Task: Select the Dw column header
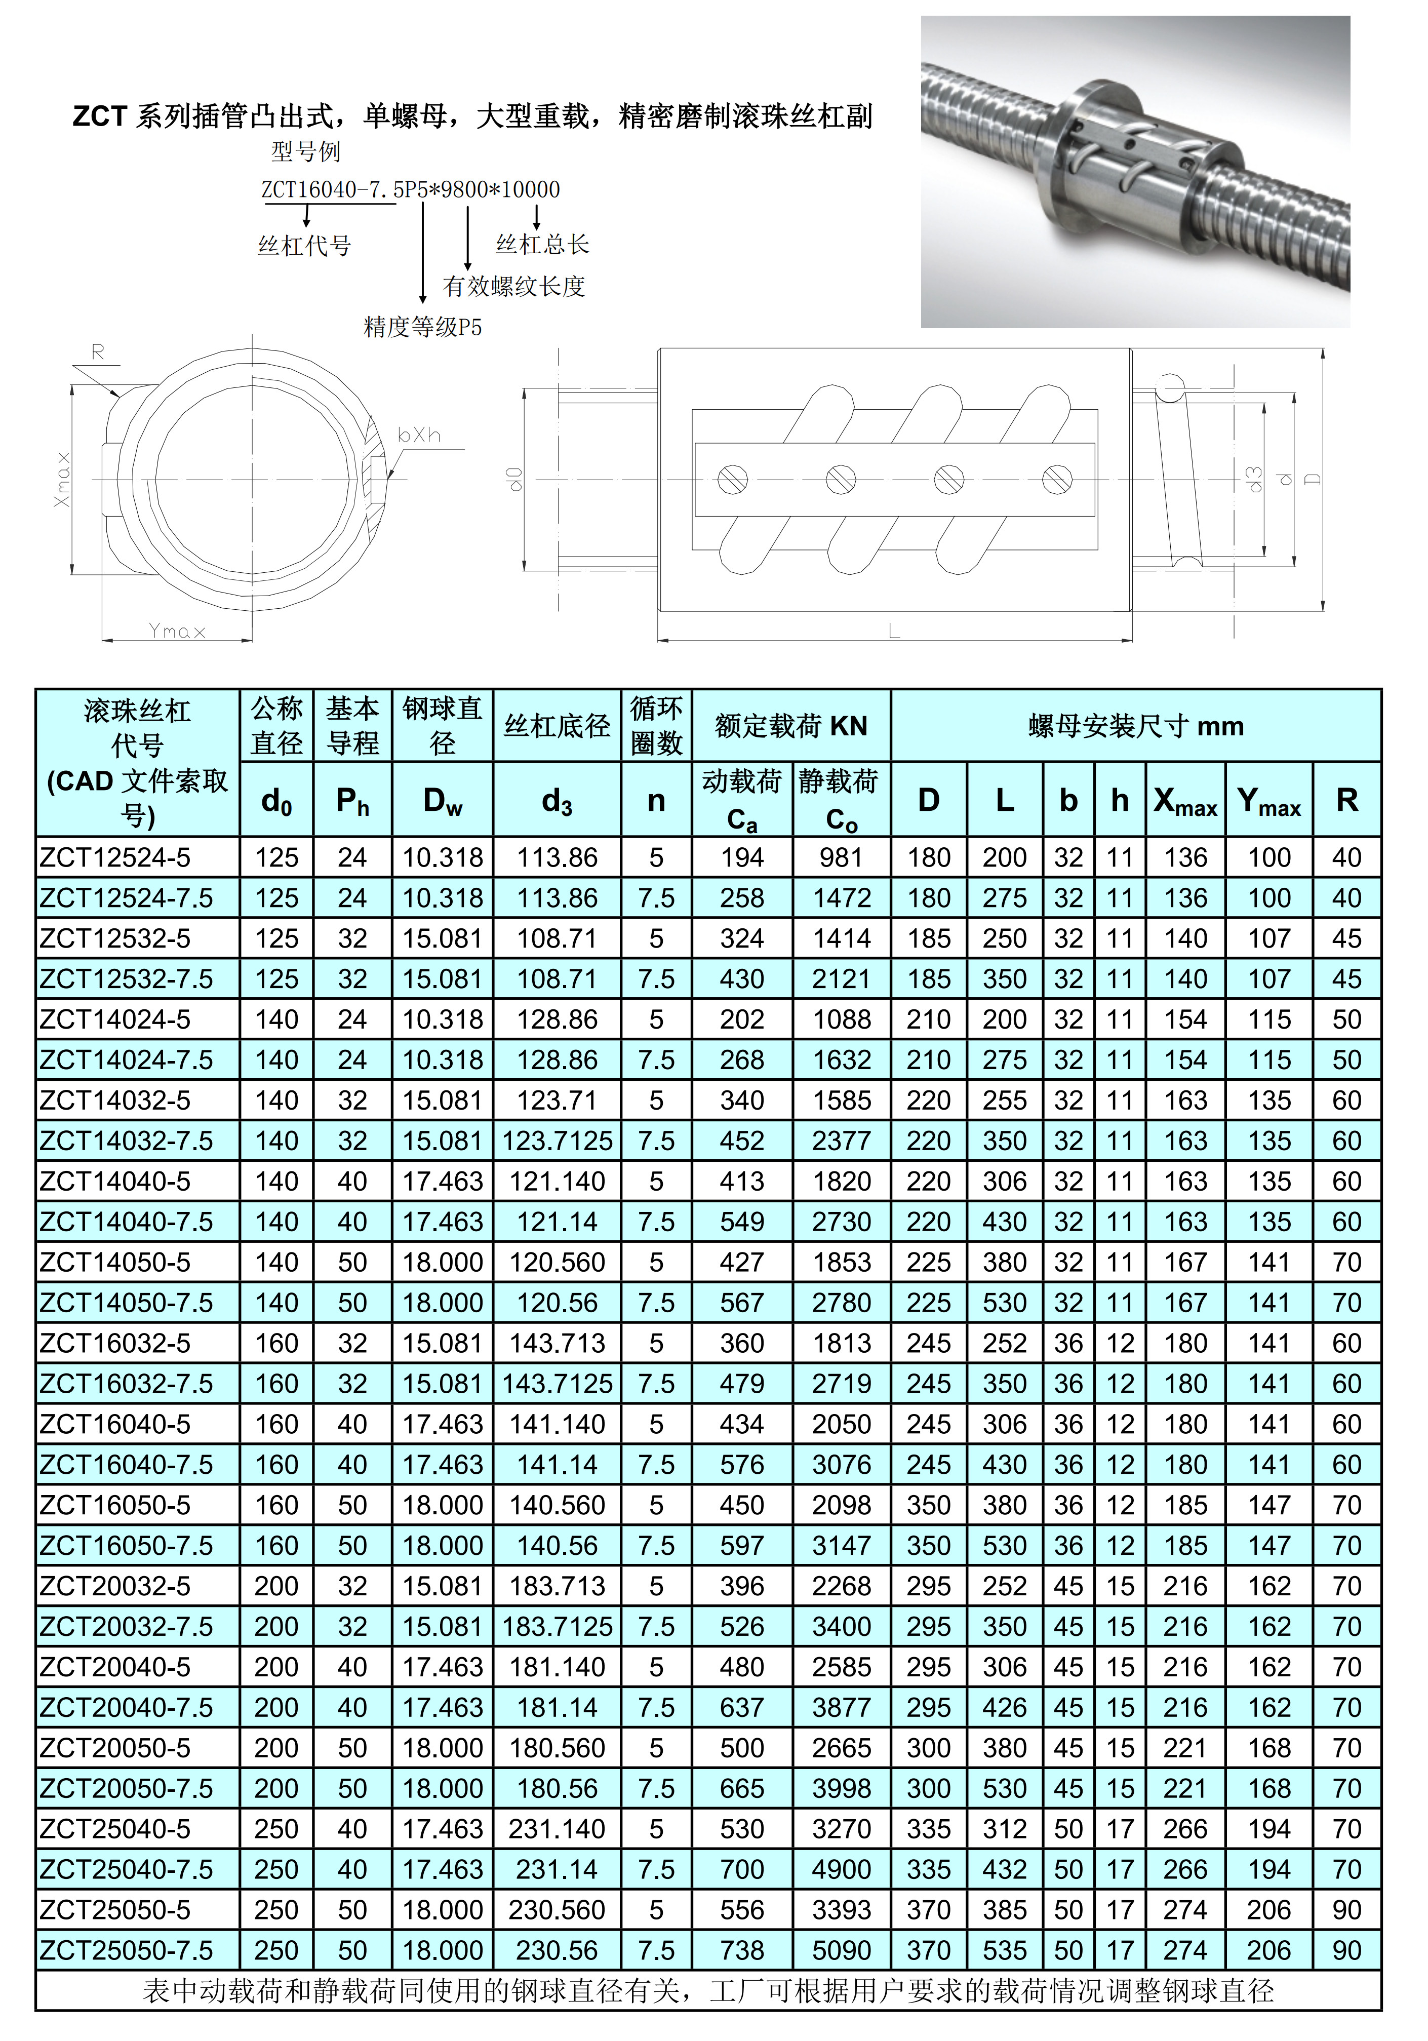[x=443, y=800]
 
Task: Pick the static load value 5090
[x=841, y=1950]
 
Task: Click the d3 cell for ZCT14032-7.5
[x=557, y=1141]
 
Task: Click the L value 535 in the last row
[x=1004, y=1950]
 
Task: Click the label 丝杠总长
[x=542, y=245]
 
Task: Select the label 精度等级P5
[x=423, y=327]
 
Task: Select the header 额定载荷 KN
[x=791, y=725]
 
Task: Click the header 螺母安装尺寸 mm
[x=1136, y=725]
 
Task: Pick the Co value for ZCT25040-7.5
[x=841, y=1869]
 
